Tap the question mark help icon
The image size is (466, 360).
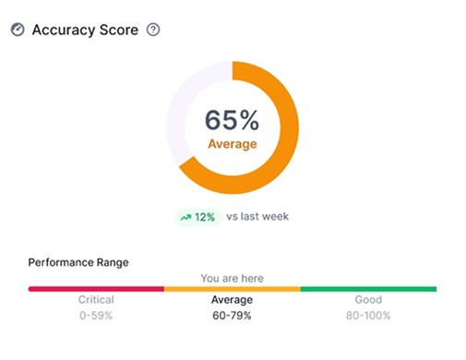pos(153,30)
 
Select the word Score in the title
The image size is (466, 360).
pos(120,30)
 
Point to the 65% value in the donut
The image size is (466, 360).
pos(232,120)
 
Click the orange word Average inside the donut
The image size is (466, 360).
pos(232,144)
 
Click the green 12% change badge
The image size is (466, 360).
pos(197,217)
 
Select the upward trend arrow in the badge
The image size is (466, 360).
pos(185,217)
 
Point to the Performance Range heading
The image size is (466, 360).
pos(78,262)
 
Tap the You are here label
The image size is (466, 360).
pos(232,277)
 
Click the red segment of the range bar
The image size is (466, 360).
pos(96,289)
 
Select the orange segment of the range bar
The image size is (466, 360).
pos(232,289)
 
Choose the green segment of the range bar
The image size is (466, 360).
pos(368,289)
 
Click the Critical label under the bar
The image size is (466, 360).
pos(96,300)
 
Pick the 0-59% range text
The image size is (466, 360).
pos(96,316)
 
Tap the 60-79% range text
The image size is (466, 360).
pos(232,316)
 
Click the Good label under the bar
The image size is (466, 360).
pos(368,300)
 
